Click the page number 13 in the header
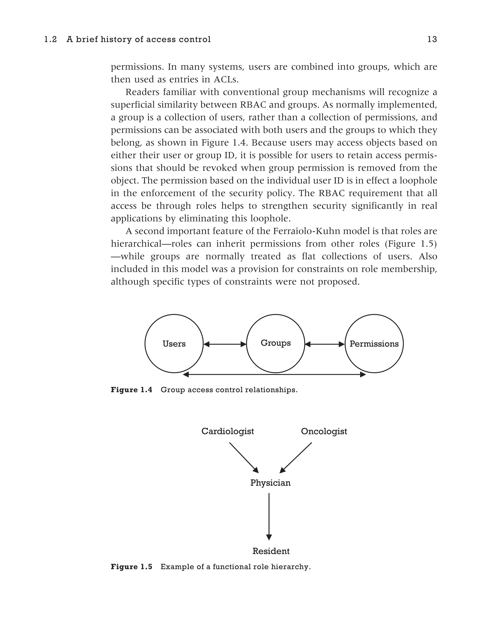click(x=432, y=39)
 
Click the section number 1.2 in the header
click(x=50, y=39)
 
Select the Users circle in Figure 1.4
click(x=174, y=344)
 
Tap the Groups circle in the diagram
click(x=275, y=343)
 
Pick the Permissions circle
click(x=374, y=344)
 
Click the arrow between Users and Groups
click(x=225, y=344)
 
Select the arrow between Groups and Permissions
click(x=325, y=344)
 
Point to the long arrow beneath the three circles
click(x=274, y=374)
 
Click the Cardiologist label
click(x=228, y=431)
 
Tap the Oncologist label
click(x=324, y=431)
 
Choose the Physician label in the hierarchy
click(x=270, y=483)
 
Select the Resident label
click(x=271, y=551)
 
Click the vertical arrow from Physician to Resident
click(x=269, y=516)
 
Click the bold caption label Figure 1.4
click(x=131, y=390)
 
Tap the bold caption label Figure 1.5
click(x=131, y=567)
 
